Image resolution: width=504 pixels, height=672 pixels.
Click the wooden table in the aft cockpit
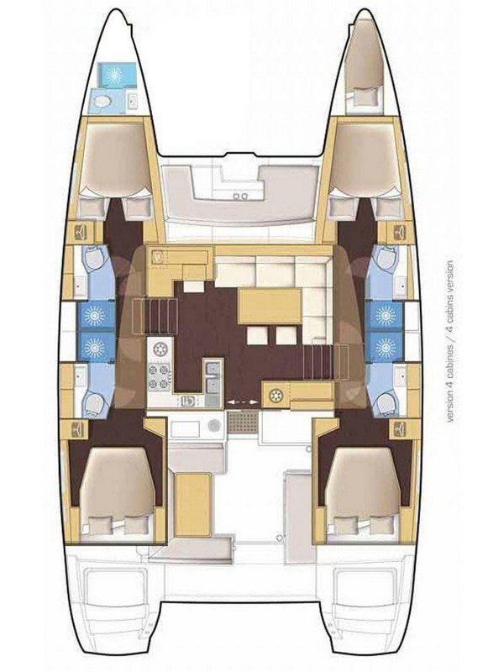tap(193, 501)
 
